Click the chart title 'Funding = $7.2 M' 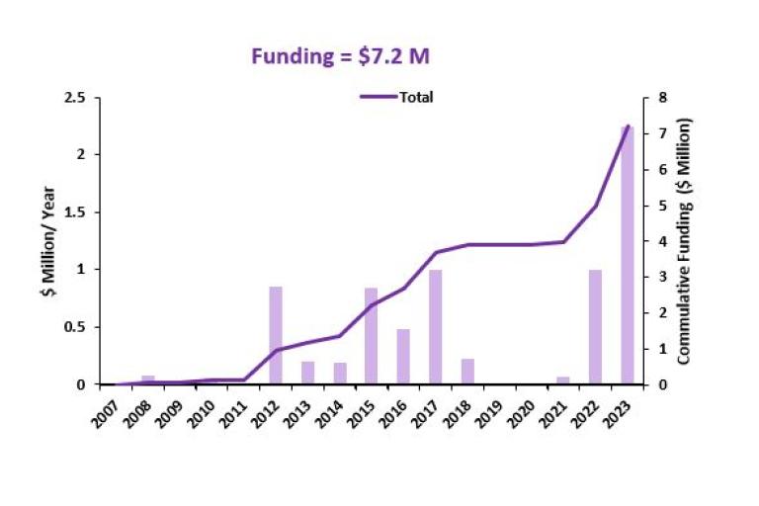click(x=340, y=56)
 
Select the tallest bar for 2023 click(x=627, y=257)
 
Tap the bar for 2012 click(x=276, y=335)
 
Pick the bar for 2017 click(x=435, y=326)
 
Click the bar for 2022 click(x=595, y=326)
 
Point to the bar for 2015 click(x=371, y=336)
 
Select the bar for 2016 click(x=403, y=356)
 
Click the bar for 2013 click(x=307, y=373)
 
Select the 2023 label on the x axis click(x=617, y=413)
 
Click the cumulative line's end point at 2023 click(x=628, y=126)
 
